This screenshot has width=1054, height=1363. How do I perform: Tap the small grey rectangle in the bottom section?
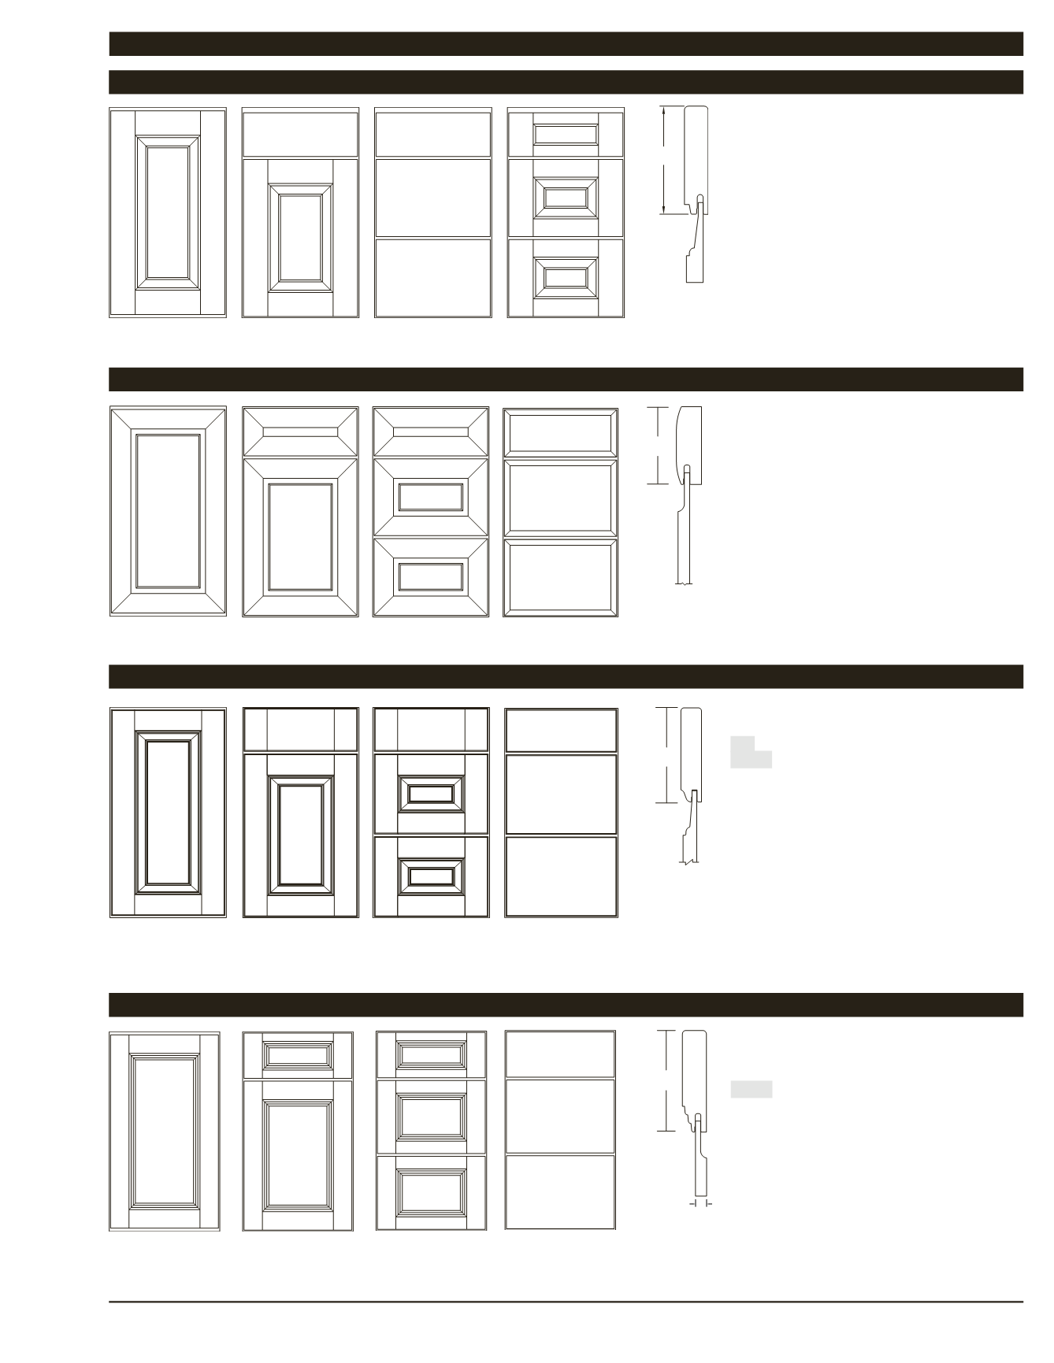click(751, 1090)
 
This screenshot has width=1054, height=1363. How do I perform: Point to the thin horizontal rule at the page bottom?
click(566, 1302)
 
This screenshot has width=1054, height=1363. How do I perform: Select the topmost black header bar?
click(566, 44)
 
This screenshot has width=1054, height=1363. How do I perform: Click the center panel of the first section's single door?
click(167, 212)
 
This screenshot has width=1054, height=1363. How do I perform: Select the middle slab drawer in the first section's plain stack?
click(433, 198)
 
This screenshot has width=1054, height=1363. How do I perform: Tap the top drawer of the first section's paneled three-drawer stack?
click(566, 134)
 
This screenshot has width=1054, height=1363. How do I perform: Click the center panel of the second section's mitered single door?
click(168, 510)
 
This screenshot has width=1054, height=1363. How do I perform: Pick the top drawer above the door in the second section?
click(300, 431)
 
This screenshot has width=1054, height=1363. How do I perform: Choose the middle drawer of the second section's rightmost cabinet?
click(560, 498)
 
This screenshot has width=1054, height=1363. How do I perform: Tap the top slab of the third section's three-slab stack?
click(561, 730)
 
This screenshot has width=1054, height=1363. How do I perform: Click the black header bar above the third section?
click(566, 676)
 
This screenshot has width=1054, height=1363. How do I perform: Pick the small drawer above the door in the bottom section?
click(298, 1054)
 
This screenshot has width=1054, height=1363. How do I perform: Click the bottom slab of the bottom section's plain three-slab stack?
click(559, 1191)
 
